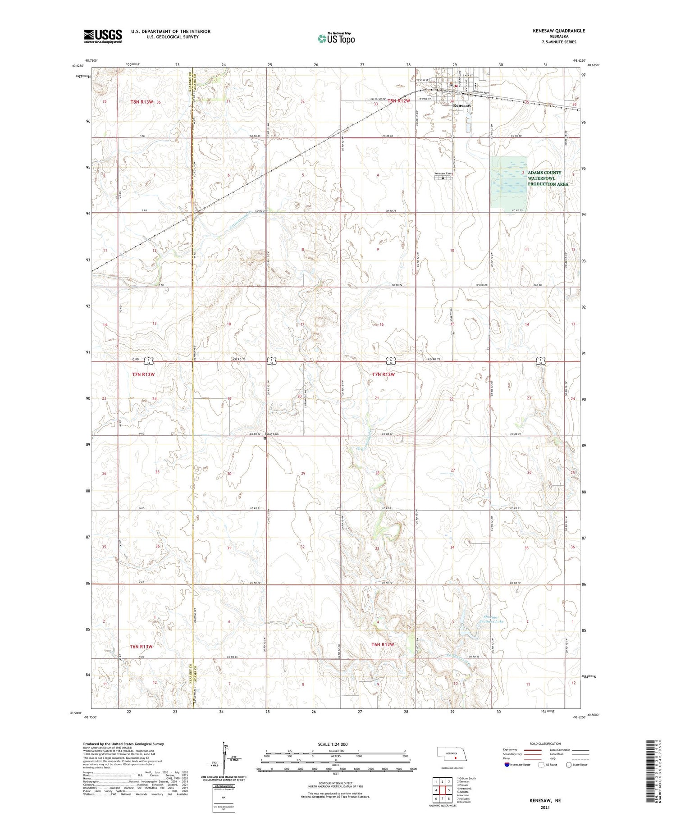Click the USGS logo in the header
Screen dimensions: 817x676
[103, 36]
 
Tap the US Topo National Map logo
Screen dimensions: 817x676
[336, 38]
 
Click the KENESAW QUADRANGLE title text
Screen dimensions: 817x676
[559, 31]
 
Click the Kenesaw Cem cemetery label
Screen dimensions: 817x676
[443, 173]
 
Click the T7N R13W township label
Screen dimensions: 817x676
[143, 374]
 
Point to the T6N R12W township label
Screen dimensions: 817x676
[383, 645]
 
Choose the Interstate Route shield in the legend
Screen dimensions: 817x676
[507, 764]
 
